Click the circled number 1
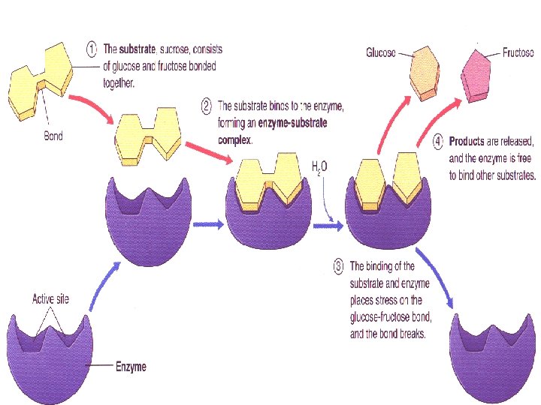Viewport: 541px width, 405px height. coord(91,49)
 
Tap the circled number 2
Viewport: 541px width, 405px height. coord(206,106)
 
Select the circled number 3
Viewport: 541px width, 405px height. coord(339,265)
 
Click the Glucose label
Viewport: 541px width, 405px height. coord(382,52)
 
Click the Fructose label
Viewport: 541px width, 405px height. coord(518,53)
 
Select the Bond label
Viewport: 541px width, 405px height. coord(53,136)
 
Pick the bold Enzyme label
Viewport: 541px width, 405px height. coord(130,367)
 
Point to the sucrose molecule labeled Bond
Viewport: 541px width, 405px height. coord(41,81)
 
